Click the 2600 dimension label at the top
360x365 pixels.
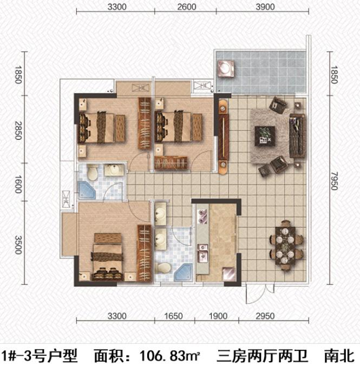click(187, 7)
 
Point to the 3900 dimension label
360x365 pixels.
click(265, 7)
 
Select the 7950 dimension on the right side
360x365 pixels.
click(334, 181)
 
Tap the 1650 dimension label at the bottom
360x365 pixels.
click(173, 316)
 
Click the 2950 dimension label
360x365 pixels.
click(265, 316)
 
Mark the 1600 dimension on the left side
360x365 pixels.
click(18, 184)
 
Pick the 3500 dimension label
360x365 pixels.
click(18, 245)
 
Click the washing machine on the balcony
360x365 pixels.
click(226, 68)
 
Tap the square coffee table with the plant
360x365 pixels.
click(265, 136)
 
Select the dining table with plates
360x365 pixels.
click(285, 245)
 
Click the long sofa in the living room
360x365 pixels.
click(297, 136)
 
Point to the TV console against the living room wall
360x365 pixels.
click(224, 136)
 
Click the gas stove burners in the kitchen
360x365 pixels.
click(202, 217)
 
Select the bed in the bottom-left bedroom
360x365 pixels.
click(108, 257)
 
